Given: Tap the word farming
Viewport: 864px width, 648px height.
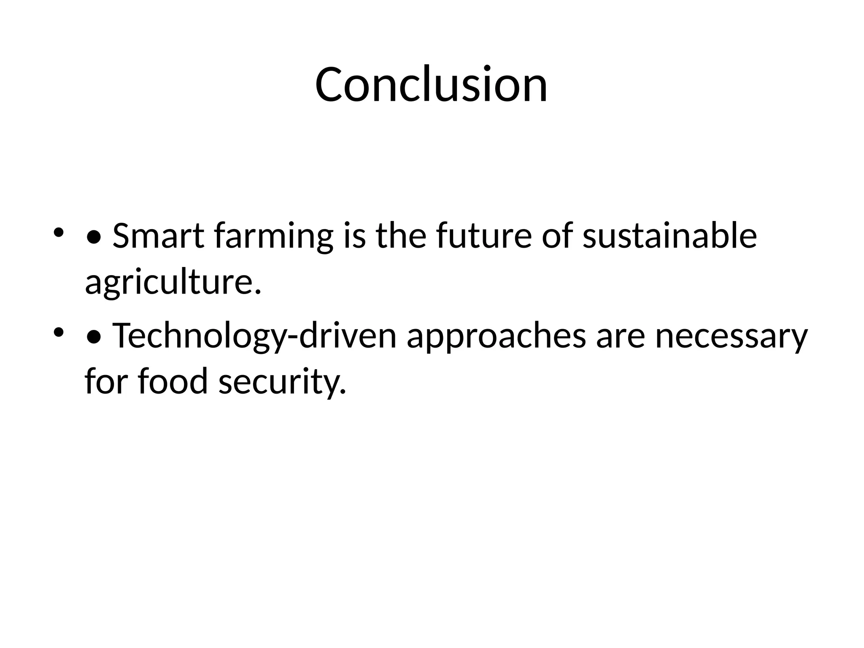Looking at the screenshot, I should pos(273,236).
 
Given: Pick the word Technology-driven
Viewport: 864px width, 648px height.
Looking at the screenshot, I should pos(254,337).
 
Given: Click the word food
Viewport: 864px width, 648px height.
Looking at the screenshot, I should pos(173,381).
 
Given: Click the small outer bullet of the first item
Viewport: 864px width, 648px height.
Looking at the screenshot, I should pos(58,232).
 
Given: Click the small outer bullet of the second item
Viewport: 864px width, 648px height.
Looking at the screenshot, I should pos(58,332).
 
